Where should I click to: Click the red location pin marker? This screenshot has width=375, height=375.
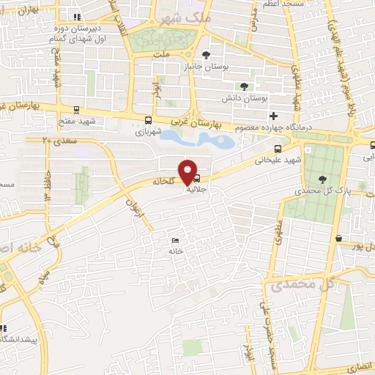tap(190, 172)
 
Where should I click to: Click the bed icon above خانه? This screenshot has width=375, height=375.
tap(174, 240)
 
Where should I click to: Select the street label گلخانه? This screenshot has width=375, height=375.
tap(164, 179)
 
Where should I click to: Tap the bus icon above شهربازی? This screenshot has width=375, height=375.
tap(149, 120)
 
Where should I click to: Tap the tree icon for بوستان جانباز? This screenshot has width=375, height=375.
tap(207, 54)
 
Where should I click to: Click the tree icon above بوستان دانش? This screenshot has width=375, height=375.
tap(244, 86)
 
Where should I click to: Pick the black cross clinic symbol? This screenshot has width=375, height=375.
tap(273, 116)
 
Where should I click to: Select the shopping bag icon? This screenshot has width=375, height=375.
tap(338, 238)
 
